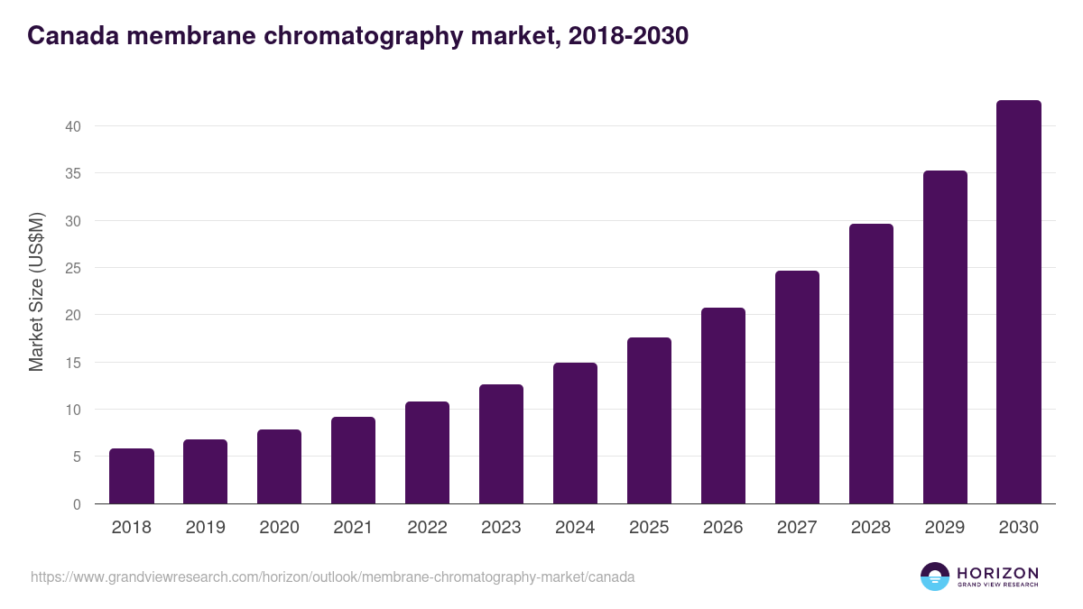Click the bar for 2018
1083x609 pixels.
pos(132,476)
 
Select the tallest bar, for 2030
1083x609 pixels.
pos(1018,302)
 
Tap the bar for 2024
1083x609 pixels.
pos(575,433)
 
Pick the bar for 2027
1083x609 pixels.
pos(797,387)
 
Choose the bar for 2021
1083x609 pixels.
pos(353,460)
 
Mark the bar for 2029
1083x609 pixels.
pos(945,337)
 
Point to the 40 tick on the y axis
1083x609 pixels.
pos(73,126)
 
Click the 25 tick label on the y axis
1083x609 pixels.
pos(73,268)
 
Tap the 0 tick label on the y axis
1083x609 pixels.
pos(77,504)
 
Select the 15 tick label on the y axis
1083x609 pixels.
pos(73,363)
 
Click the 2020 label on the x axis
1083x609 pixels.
pos(279,528)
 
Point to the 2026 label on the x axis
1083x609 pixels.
pos(723,528)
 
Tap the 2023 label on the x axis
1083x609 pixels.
pos(501,528)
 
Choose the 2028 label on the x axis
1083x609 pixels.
pos(871,528)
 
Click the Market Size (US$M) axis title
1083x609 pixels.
pos(37,291)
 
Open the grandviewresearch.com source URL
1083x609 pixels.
pos(332,577)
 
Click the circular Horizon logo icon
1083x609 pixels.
pos(935,577)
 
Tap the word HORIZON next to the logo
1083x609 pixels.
pos(997,573)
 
